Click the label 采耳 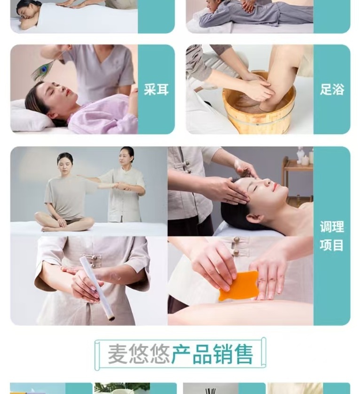pyautogui.click(x=156, y=89)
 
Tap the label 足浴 pyautogui.click(x=332, y=89)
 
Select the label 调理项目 pyautogui.click(x=332, y=236)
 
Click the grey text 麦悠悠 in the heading pyautogui.click(x=139, y=354)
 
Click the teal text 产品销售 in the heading pyautogui.click(x=212, y=354)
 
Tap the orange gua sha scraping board pyautogui.click(x=238, y=285)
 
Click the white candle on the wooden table pyautogui.click(x=305, y=160)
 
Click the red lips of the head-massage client pyautogui.click(x=276, y=186)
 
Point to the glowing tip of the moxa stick pyautogui.click(x=111, y=319)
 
